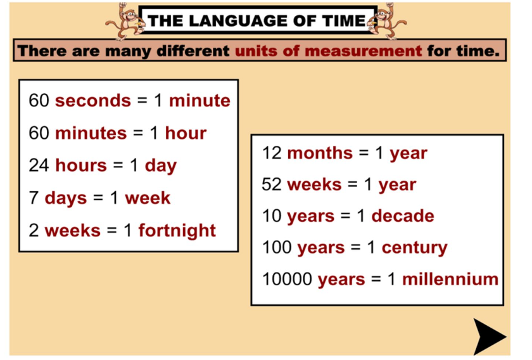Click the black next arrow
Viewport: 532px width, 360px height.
(x=487, y=337)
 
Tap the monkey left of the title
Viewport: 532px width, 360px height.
(x=124, y=21)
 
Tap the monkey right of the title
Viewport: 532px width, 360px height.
(x=387, y=21)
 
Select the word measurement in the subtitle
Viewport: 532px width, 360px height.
(x=363, y=51)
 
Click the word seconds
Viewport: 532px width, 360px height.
(x=93, y=101)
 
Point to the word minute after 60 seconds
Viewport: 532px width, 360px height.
(x=199, y=101)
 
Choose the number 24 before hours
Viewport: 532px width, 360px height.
(x=39, y=165)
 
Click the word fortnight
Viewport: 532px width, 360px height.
(x=177, y=231)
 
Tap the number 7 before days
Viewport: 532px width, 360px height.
(x=34, y=198)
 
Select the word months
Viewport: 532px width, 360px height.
(x=320, y=153)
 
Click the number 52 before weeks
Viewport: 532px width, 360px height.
(x=272, y=184)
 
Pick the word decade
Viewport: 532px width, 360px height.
(x=403, y=215)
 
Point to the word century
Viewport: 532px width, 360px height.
(x=415, y=248)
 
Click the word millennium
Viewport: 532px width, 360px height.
(x=450, y=279)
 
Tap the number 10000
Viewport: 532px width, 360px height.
(x=287, y=279)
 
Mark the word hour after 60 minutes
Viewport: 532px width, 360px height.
(x=186, y=133)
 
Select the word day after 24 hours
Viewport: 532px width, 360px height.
(x=161, y=165)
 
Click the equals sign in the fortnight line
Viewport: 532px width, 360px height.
(x=112, y=231)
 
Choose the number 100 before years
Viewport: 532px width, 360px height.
(x=277, y=247)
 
